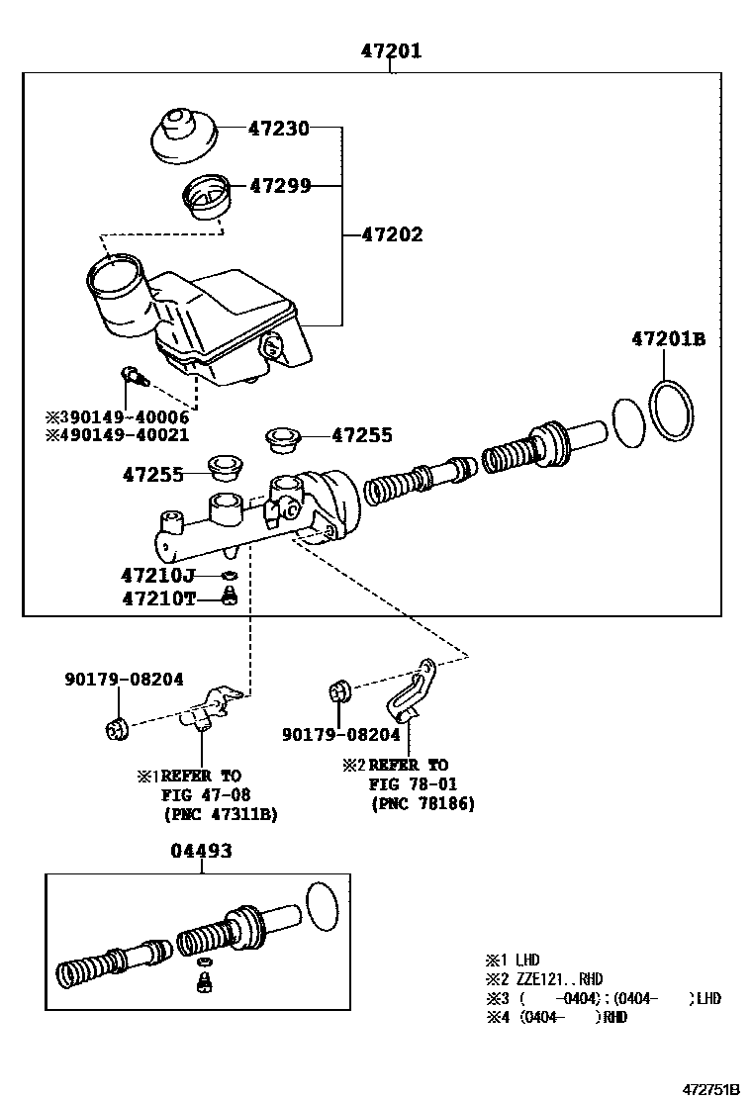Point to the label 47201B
click(x=668, y=339)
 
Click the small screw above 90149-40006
click(x=132, y=375)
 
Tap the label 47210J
click(x=157, y=575)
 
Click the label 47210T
click(x=157, y=597)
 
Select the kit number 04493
click(x=201, y=851)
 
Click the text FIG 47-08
click(x=206, y=794)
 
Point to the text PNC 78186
click(x=423, y=804)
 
